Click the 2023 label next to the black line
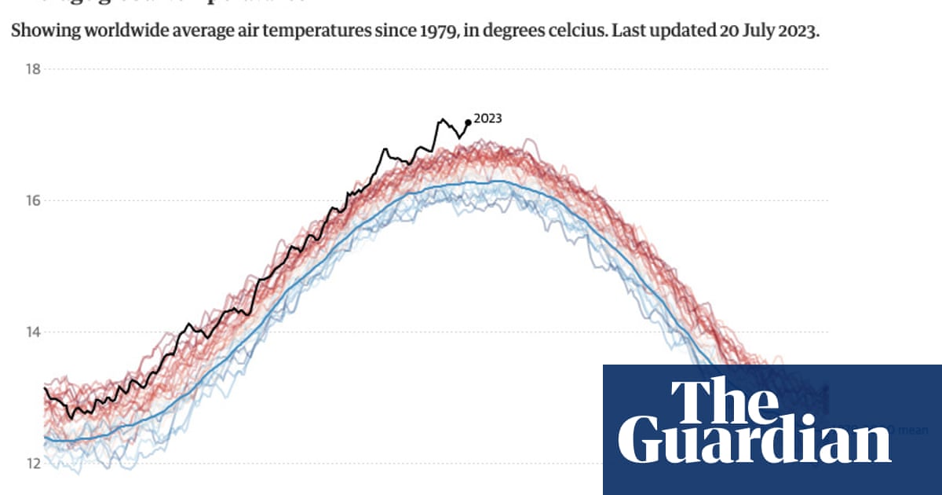tap(487, 119)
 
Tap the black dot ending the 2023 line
tap(469, 122)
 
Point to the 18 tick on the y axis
tap(32, 69)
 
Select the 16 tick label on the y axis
tap(32, 200)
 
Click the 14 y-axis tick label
tap(32, 332)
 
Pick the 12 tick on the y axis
tap(32, 463)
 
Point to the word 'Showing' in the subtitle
tap(38, 32)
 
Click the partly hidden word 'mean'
tap(913, 430)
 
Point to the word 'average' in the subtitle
tap(206, 32)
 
